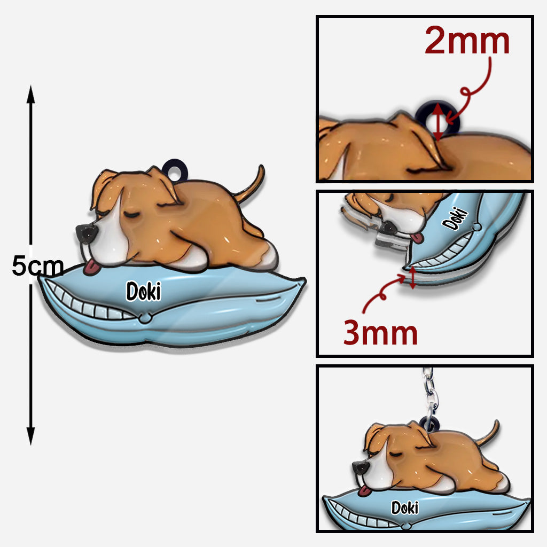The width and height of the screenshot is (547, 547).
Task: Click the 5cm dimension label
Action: click(x=38, y=266)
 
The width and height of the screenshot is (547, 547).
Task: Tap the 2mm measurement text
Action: click(x=467, y=41)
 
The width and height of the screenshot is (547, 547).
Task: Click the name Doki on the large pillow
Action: click(x=144, y=291)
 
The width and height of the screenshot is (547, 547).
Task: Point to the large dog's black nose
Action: click(x=86, y=234)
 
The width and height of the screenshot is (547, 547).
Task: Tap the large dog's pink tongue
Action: click(x=91, y=268)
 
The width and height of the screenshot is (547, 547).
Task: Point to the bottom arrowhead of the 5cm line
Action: click(x=30, y=436)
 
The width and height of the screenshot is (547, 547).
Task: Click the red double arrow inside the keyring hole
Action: click(x=438, y=122)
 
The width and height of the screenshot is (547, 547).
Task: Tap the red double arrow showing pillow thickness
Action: click(x=412, y=277)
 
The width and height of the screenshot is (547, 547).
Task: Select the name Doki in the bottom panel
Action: click(x=405, y=508)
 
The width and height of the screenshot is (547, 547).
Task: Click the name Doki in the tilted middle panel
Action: click(x=455, y=218)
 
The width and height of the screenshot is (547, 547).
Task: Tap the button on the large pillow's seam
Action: click(x=145, y=318)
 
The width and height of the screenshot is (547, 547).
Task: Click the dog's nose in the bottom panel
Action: click(x=361, y=468)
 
